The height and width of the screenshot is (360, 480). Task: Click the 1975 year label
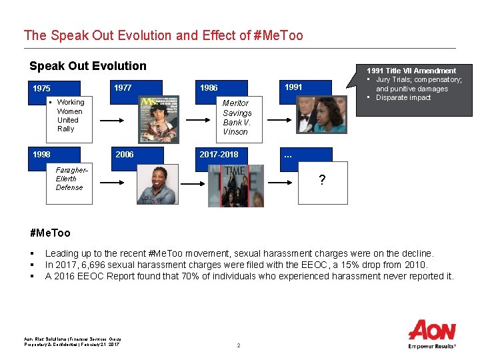[41, 89]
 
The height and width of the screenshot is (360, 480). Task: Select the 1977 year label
[123, 87]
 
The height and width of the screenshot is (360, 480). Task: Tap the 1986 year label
[209, 88]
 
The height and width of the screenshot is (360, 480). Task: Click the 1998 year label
[41, 154]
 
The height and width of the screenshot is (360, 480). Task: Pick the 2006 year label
[125, 154]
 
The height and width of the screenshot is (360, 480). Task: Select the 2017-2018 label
[219, 154]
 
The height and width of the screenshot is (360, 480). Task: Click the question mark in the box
[322, 180]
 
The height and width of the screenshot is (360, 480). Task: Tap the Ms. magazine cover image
[159, 119]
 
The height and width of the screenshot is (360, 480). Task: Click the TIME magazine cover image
[236, 186]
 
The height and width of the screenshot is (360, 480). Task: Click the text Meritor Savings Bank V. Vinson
[236, 117]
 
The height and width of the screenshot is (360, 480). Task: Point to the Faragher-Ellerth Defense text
[69, 179]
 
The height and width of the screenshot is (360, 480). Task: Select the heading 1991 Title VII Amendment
[411, 71]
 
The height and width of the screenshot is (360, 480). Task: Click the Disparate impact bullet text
[403, 98]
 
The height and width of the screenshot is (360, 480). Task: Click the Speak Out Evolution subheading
[88, 65]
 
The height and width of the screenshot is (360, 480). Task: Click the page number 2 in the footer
[238, 345]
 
